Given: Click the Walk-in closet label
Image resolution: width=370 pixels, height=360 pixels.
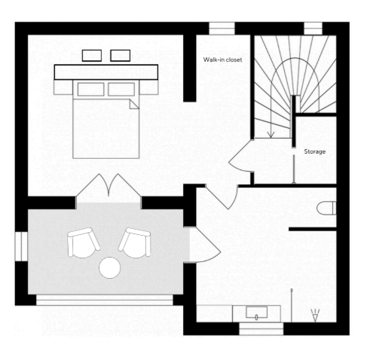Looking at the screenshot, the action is (222, 59).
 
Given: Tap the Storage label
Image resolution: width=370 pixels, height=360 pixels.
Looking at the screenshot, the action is (315, 151).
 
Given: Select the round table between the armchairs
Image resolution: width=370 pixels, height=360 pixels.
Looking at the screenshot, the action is (110, 267).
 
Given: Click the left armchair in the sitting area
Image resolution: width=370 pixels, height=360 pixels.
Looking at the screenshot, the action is (84, 243).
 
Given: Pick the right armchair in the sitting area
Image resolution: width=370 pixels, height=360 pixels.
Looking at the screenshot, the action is (135, 243).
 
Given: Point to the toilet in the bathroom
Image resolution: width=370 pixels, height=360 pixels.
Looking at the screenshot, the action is (326, 208).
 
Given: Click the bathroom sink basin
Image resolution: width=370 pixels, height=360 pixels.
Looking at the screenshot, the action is (256, 313).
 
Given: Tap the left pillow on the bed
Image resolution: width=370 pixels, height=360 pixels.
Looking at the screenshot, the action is (90, 89).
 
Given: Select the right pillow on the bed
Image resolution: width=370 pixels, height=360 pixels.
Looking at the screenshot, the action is (121, 89).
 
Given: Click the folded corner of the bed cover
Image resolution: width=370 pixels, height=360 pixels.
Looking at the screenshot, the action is (134, 104).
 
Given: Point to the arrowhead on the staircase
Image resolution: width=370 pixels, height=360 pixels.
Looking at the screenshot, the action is (271, 136).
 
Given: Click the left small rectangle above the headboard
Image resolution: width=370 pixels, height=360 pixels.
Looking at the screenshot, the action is (92, 56).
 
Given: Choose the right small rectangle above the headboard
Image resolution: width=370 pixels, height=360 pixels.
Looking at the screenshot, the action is (121, 56).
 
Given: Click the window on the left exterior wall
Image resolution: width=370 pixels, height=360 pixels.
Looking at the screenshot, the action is (21, 246).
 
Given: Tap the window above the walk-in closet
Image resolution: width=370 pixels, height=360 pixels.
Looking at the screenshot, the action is (222, 29).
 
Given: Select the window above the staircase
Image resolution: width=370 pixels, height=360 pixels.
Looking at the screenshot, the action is (313, 29).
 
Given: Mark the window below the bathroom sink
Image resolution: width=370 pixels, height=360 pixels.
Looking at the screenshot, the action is (261, 328).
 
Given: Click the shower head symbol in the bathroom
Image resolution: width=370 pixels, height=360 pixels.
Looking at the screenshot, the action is (315, 316).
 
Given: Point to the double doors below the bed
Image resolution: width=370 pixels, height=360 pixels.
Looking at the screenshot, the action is (109, 185).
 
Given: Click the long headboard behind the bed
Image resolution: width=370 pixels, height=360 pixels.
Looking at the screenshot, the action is (106, 72).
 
